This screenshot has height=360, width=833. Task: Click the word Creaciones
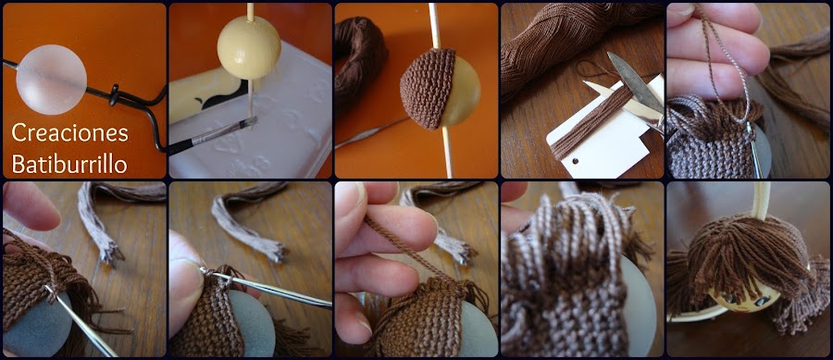pos(69,132)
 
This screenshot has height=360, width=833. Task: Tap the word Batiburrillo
pos(69,165)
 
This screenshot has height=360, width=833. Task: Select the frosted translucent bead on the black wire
pos(51,80)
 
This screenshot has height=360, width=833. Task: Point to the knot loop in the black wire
pos(114,95)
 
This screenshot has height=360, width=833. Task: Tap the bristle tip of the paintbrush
pos(250,123)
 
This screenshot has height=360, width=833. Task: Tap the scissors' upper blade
pos(635,81)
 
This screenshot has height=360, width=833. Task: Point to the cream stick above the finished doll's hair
pos(763,200)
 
